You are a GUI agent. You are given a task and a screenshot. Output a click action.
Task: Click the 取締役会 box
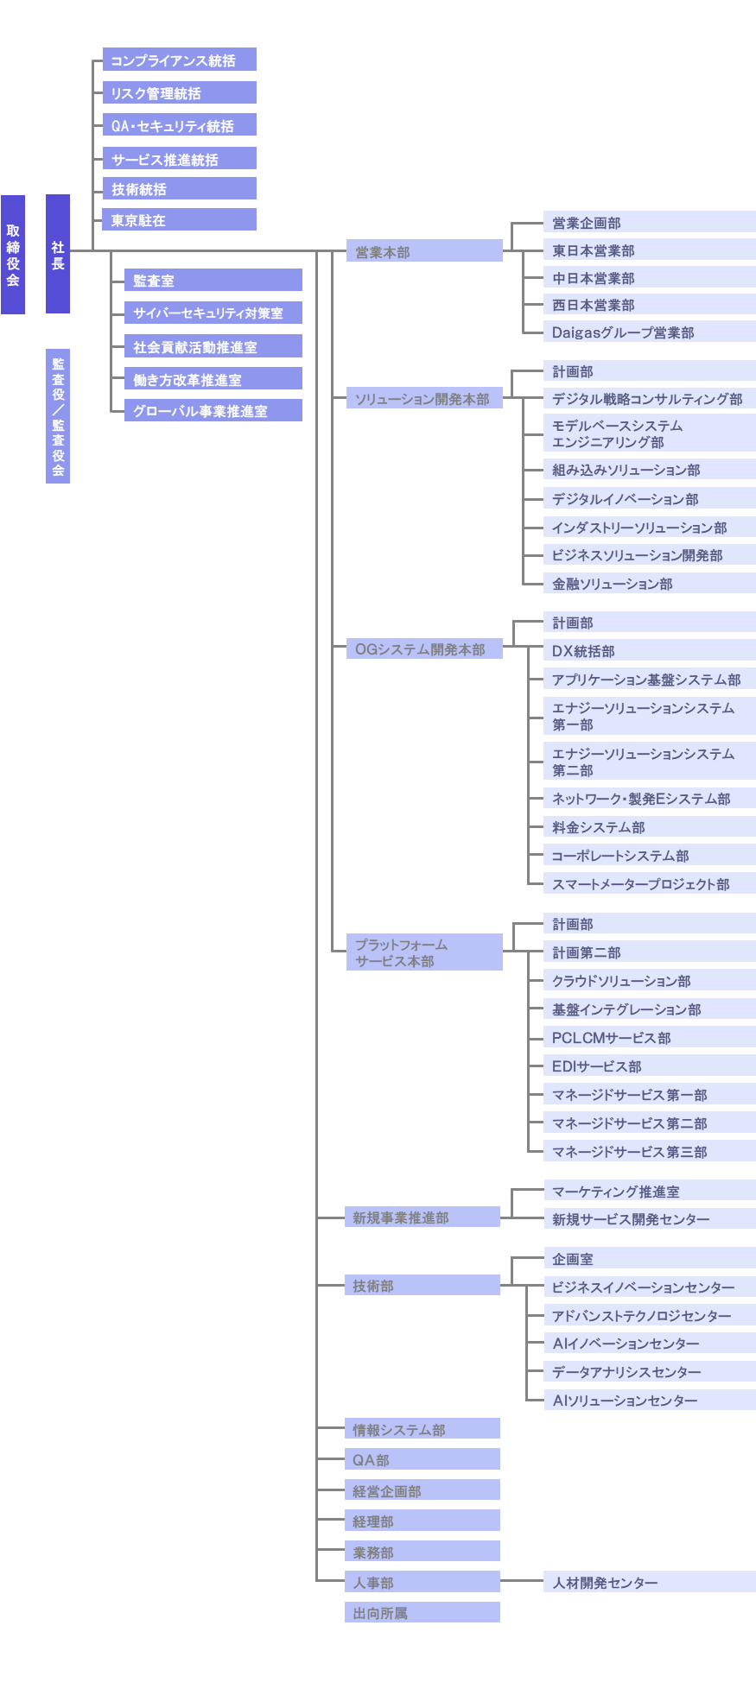tap(13, 255)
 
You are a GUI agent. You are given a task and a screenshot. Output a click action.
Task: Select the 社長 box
tap(58, 254)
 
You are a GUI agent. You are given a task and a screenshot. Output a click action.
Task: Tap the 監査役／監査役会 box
tap(58, 416)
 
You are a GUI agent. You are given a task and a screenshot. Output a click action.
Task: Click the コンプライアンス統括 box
tap(180, 60)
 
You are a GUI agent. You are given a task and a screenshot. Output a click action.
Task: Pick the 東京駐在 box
tap(180, 219)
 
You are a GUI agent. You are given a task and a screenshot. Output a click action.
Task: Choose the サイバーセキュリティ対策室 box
tap(213, 313)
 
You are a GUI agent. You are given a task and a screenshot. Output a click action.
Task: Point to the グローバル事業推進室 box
tap(213, 410)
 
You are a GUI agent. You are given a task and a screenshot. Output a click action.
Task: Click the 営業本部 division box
tap(424, 251)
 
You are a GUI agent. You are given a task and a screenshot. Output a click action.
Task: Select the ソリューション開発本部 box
tap(424, 398)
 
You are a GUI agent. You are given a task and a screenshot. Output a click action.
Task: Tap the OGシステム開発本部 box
tap(424, 648)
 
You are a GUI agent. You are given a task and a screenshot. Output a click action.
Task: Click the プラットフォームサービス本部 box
tap(424, 952)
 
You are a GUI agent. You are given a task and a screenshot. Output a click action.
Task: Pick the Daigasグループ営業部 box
tap(650, 332)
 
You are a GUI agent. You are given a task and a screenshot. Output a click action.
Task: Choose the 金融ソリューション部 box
tap(650, 583)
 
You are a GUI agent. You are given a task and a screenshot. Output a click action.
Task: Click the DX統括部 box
tap(650, 650)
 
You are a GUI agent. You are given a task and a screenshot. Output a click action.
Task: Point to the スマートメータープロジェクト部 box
tap(650, 883)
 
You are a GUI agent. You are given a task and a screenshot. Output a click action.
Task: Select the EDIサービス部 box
tap(650, 1066)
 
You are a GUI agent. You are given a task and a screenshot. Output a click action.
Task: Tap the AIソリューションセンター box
tap(650, 1400)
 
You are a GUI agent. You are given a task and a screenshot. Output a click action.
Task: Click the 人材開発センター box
tap(650, 1582)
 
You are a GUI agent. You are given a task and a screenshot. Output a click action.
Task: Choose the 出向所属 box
tap(422, 1612)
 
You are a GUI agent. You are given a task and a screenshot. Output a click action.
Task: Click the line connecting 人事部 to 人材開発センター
tap(522, 1582)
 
